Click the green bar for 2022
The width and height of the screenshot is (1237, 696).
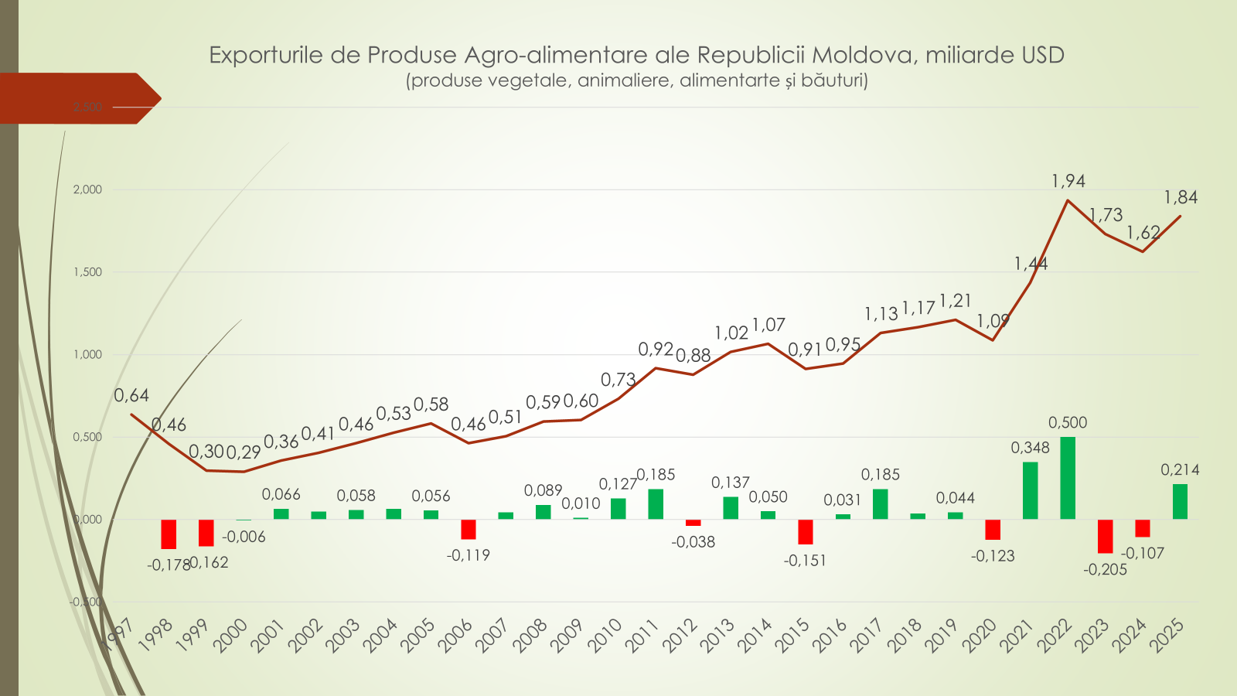click(x=1068, y=478)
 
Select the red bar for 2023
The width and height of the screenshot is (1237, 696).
click(x=1106, y=536)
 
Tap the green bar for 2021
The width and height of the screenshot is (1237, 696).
click(x=1031, y=490)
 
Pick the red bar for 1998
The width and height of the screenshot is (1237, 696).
click(x=169, y=534)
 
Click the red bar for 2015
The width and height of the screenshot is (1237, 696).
click(x=806, y=531)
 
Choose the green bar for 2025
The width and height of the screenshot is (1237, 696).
click(x=1180, y=501)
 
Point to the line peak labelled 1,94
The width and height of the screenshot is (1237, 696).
click(x=1068, y=200)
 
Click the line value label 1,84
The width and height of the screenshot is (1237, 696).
click(x=1181, y=197)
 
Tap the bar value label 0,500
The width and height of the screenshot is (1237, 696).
click(x=1068, y=422)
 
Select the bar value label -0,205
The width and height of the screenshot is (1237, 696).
click(x=1106, y=570)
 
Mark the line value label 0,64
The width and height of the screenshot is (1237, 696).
click(x=131, y=396)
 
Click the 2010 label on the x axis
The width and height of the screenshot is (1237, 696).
click(x=605, y=636)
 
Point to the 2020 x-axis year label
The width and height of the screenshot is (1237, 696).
click(x=980, y=636)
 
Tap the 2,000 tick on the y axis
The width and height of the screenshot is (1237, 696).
click(x=87, y=189)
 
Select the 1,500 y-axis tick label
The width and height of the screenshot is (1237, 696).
click(x=87, y=272)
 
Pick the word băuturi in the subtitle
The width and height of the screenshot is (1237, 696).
click(x=834, y=80)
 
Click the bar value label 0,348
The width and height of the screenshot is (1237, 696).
click(x=1031, y=448)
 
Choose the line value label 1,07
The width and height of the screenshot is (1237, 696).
click(x=768, y=325)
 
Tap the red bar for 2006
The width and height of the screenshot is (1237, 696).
click(x=469, y=529)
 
